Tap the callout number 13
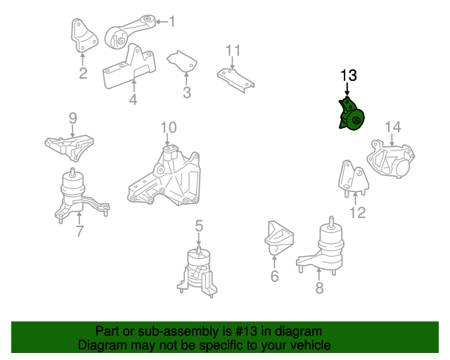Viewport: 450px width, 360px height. click(349, 75)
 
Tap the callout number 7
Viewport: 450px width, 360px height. click(79, 231)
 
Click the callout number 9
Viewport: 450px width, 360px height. click(72, 117)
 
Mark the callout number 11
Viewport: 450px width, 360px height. click(233, 50)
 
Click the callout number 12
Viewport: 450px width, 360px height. click(358, 212)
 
